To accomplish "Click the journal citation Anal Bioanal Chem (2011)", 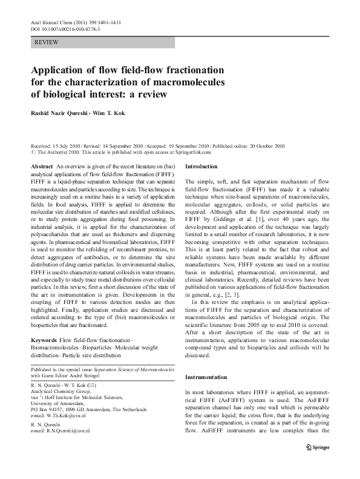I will [67, 22].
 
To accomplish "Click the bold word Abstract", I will [42, 166].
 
